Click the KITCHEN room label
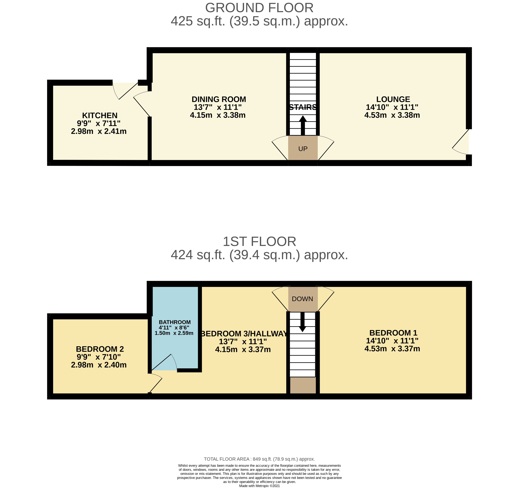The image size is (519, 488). pyautogui.click(x=100, y=115)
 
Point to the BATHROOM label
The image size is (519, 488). pyautogui.click(x=175, y=322)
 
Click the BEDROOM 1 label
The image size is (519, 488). pyautogui.click(x=393, y=333)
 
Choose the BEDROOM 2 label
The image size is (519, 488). pyautogui.click(x=100, y=349)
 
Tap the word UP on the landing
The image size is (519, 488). pyautogui.click(x=303, y=149)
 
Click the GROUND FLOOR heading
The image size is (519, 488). pyautogui.click(x=259, y=8)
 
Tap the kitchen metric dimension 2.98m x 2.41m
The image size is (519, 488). pyautogui.click(x=99, y=131)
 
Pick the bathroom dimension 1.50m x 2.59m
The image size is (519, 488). pyautogui.click(x=174, y=333)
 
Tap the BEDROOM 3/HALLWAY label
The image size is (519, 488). pyautogui.click(x=244, y=334)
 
